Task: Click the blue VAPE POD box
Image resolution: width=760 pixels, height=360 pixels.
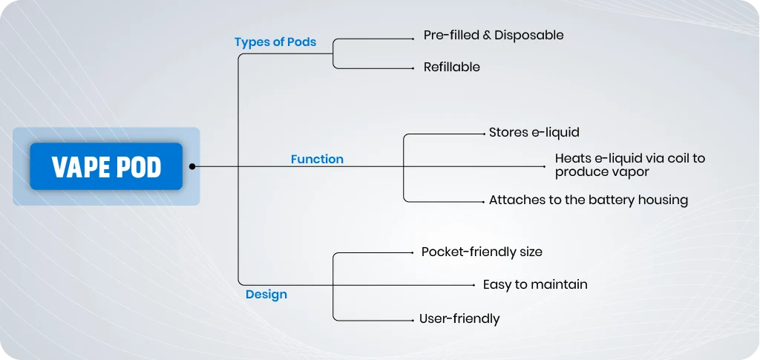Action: click(x=106, y=166)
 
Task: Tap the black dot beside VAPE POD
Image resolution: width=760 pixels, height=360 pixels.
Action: click(x=192, y=166)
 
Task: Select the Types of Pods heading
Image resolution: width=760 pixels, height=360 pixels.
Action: click(x=275, y=42)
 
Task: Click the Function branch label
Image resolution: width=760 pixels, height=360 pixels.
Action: click(x=317, y=159)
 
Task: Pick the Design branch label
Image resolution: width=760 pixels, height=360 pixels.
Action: click(x=266, y=294)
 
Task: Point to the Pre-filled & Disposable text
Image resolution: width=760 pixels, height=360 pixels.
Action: click(x=494, y=35)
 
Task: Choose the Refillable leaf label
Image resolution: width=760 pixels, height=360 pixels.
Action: click(x=452, y=67)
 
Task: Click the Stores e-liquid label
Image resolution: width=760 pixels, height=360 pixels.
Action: click(x=534, y=132)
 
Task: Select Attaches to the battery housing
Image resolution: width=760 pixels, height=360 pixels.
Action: click(x=589, y=200)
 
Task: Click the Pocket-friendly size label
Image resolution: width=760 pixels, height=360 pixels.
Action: click(x=482, y=252)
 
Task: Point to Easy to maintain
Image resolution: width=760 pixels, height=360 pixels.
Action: click(x=535, y=284)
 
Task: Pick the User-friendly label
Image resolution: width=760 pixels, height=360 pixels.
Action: click(x=459, y=319)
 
